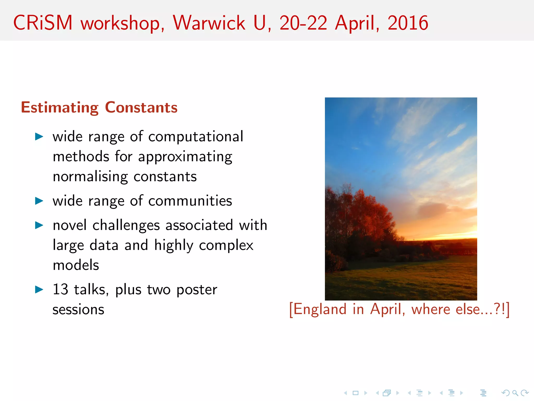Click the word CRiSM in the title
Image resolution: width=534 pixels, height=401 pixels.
pos(43,23)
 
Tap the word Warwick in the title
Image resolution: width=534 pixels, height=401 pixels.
pos(209,23)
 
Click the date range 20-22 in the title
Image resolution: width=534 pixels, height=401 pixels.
pos(303,23)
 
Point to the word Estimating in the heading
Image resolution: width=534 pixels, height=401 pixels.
pos(60,108)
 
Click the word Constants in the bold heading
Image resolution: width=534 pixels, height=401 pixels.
pos(141,108)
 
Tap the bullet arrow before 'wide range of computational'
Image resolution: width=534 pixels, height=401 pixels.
pos(39,136)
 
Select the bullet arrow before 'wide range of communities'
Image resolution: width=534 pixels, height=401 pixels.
pos(39,201)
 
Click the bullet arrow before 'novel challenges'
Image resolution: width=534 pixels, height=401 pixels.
pos(39,225)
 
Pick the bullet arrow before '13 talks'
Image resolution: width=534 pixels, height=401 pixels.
pos(39,289)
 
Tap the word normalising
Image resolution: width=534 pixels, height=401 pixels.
pos(90,177)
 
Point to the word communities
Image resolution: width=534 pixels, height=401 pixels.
pos(190,201)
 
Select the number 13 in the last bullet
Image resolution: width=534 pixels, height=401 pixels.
pos(60,289)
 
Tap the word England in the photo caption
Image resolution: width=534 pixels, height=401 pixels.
pos(320,309)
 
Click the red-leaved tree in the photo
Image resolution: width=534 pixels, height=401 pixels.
pos(365,214)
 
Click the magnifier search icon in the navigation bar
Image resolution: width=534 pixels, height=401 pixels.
pos(515,393)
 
